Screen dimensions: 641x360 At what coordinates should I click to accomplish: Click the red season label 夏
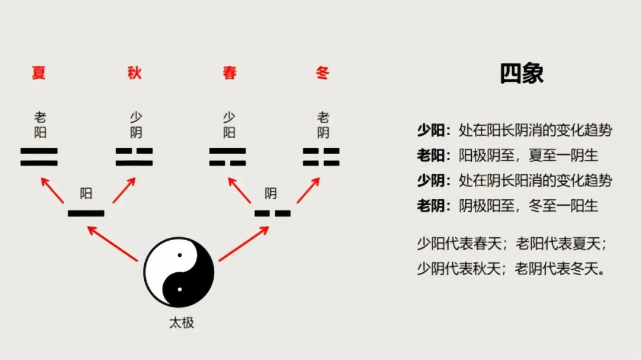click(39, 73)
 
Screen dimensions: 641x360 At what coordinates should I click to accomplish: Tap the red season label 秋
click(135, 73)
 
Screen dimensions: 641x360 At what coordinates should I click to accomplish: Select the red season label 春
click(230, 73)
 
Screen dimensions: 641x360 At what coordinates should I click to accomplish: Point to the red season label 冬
click(323, 73)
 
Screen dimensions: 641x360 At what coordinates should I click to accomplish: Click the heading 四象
click(521, 74)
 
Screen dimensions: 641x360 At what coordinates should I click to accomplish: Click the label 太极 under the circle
click(182, 323)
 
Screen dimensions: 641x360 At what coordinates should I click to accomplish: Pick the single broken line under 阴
click(272, 213)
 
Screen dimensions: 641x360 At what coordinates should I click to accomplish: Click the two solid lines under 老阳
click(39, 157)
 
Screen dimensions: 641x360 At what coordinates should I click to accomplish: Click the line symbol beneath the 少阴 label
click(134, 157)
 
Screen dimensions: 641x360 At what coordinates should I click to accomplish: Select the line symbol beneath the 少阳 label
click(227, 157)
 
